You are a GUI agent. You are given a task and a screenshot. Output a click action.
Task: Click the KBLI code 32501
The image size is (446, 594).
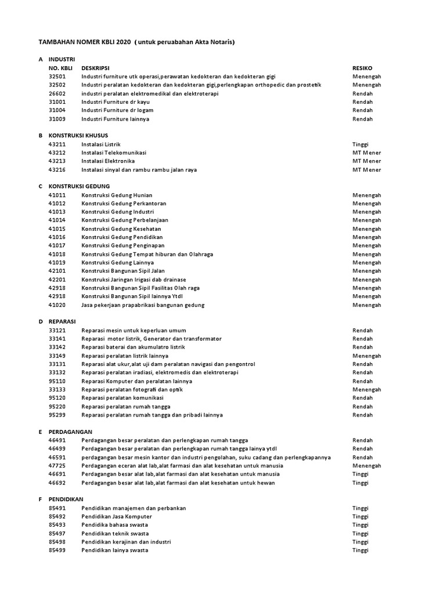[x=57, y=76]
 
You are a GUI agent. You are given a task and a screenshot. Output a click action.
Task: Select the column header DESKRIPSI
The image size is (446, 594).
[x=96, y=67]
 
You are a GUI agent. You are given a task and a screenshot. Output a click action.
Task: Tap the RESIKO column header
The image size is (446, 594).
[x=362, y=67]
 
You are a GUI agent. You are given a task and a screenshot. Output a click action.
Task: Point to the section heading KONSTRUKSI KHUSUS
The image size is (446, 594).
[x=78, y=135]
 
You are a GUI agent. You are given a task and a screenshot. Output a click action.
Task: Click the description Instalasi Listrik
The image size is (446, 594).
[x=101, y=144]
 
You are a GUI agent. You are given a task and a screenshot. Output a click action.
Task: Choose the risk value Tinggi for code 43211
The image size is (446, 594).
[x=361, y=144]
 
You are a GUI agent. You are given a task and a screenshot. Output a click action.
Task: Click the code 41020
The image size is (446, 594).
[x=57, y=305]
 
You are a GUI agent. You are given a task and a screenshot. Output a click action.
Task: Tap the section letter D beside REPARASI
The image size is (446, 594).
[x=41, y=321]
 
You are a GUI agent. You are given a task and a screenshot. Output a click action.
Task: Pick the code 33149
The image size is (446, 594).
[x=57, y=356]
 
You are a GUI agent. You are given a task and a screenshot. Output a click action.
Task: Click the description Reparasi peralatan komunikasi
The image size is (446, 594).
[x=123, y=398]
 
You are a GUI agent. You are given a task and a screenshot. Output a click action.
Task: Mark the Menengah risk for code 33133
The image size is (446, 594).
[x=367, y=389]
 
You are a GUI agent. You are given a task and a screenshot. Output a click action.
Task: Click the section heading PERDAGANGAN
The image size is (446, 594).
[x=71, y=432]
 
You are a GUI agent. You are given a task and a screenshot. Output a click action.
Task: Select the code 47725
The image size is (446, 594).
[x=57, y=465]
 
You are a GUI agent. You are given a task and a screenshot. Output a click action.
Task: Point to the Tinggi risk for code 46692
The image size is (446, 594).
[x=361, y=483]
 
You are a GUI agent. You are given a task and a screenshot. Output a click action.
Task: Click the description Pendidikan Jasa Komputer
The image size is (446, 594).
[x=117, y=516]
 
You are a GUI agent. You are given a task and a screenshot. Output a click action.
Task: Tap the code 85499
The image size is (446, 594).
[x=57, y=550]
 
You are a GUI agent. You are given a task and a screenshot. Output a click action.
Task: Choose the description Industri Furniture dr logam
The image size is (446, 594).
[x=117, y=110]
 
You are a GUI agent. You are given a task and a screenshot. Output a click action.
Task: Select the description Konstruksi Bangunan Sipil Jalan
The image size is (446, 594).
[x=123, y=271]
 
